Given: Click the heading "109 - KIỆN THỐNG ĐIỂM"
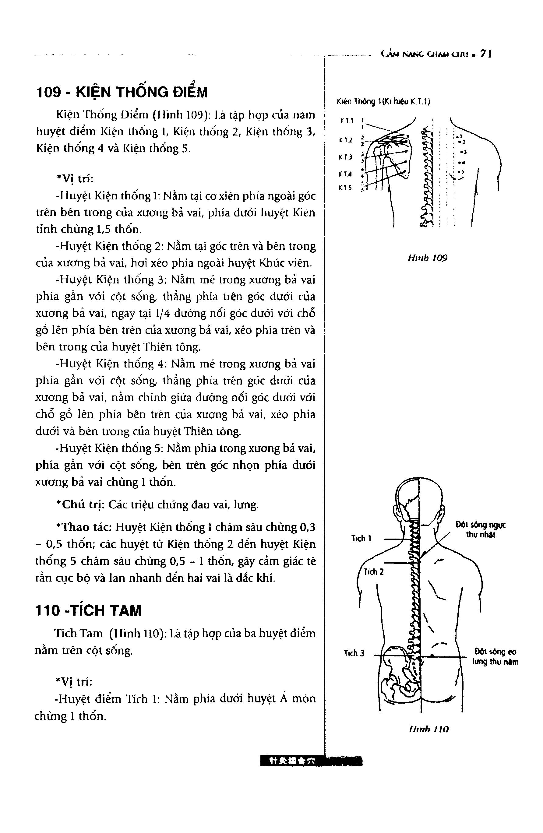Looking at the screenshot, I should [122, 92].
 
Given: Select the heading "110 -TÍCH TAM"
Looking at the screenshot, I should [89, 611].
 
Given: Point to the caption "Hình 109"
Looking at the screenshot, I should [427, 258].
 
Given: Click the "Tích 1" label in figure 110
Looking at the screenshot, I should [361, 538].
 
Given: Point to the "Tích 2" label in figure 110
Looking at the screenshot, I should [373, 572].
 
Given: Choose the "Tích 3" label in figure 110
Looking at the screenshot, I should [354, 653].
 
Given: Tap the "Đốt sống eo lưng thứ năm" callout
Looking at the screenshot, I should [495, 657].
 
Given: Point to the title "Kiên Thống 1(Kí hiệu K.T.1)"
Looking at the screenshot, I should [383, 102].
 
